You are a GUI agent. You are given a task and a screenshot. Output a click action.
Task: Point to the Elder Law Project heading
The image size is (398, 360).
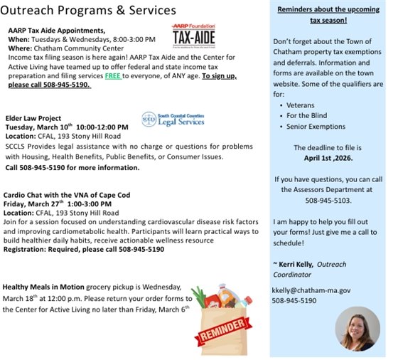point(35,117)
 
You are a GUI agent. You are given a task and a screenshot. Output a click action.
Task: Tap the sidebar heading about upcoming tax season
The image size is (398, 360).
point(328,14)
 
